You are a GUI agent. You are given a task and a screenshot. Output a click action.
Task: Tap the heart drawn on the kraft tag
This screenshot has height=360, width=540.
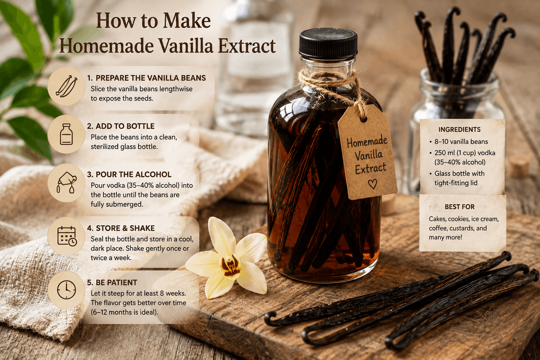coord(373,184)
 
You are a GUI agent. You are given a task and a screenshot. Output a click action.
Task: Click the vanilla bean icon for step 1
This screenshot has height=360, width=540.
coord(66,86)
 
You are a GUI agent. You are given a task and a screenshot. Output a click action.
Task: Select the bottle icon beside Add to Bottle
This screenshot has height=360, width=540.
coord(66,134)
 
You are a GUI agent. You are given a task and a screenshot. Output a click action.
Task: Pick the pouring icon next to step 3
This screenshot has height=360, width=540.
coord(66,182)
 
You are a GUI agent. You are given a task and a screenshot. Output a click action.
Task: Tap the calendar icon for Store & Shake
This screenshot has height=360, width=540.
coord(67,236)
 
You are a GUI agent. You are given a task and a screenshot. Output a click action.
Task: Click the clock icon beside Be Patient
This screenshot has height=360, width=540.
coord(66,290)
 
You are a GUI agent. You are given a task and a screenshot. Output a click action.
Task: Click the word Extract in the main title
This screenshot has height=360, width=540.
coord(247,46)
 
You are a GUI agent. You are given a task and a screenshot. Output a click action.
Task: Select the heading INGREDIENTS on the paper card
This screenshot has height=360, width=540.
coord(459,129)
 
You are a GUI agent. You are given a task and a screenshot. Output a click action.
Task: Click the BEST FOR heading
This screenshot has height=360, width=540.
coord(459,207)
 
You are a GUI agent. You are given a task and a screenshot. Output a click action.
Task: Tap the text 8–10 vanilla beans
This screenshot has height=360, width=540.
coord(461,142)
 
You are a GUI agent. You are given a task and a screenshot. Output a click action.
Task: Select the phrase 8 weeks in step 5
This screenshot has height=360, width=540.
coord(173,293)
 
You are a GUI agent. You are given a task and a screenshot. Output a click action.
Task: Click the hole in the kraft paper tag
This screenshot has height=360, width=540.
coord(363,119)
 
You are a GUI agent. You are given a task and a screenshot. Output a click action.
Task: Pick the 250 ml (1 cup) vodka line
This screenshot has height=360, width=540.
coord(465,153)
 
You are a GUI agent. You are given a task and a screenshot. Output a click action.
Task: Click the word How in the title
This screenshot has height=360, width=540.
coord(116,21)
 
